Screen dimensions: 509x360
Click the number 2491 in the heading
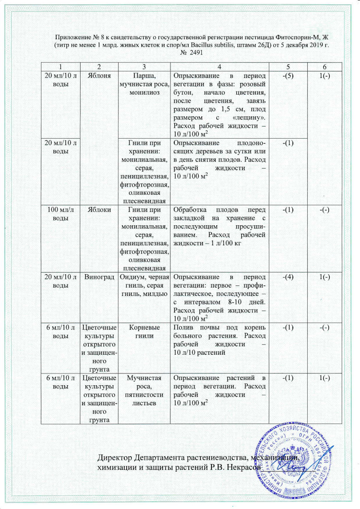[x=194, y=53]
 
